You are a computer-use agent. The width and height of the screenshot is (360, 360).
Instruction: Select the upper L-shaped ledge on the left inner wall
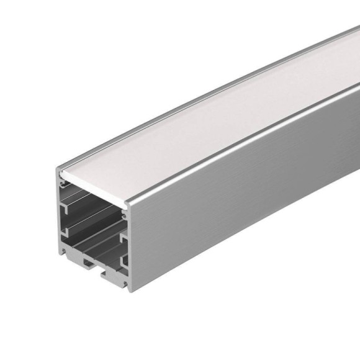[68, 201]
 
